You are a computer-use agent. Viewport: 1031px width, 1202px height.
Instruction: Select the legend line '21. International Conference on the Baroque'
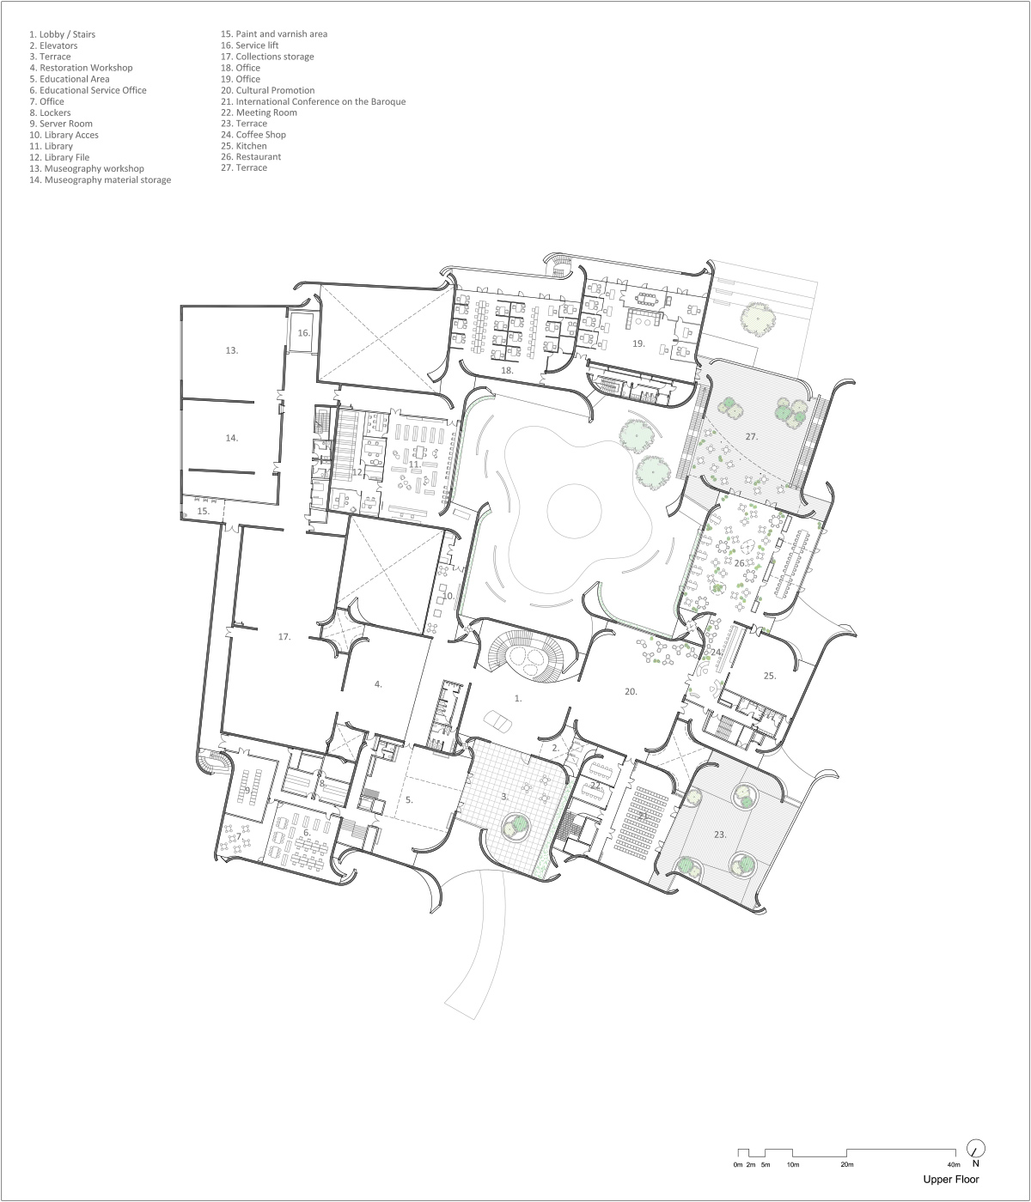313,102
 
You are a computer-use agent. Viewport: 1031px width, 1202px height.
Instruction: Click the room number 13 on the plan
232,350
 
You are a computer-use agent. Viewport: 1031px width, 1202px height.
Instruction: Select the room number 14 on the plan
232,438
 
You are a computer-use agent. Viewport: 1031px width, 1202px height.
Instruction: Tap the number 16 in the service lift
303,333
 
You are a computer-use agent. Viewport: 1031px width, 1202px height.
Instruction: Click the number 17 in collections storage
284,637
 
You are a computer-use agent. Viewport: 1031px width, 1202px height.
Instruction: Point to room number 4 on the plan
378,684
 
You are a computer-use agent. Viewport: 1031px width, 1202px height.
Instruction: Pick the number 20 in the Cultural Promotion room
631,691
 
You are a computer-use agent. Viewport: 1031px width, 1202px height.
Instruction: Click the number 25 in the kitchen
770,676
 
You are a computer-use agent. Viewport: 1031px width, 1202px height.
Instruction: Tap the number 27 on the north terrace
752,437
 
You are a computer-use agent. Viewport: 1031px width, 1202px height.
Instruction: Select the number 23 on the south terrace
720,835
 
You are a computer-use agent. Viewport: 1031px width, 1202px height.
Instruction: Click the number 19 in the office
638,343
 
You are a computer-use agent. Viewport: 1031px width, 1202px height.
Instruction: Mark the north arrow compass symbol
976,1149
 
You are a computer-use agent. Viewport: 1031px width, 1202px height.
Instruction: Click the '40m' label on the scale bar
954,1165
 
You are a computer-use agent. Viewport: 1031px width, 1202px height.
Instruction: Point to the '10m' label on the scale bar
792,1165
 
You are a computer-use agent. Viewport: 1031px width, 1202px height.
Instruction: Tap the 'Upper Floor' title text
951,1180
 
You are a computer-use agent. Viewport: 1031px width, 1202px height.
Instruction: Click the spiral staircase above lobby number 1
527,654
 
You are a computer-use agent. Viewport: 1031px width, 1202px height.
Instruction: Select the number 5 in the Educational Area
409,800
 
